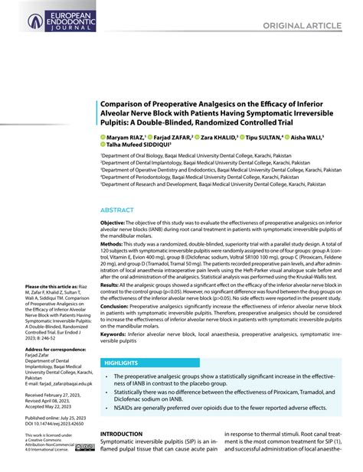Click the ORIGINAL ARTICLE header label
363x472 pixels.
pyautogui.click(x=301, y=26)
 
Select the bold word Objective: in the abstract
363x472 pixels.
pyautogui.click(x=114, y=221)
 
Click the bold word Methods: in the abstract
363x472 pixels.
pyautogui.click(x=113, y=244)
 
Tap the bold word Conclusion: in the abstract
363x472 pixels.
pyautogui.click(x=116, y=306)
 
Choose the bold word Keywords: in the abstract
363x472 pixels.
pyautogui.click(x=115, y=334)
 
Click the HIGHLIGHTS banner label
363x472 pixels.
pyautogui.click(x=120, y=362)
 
